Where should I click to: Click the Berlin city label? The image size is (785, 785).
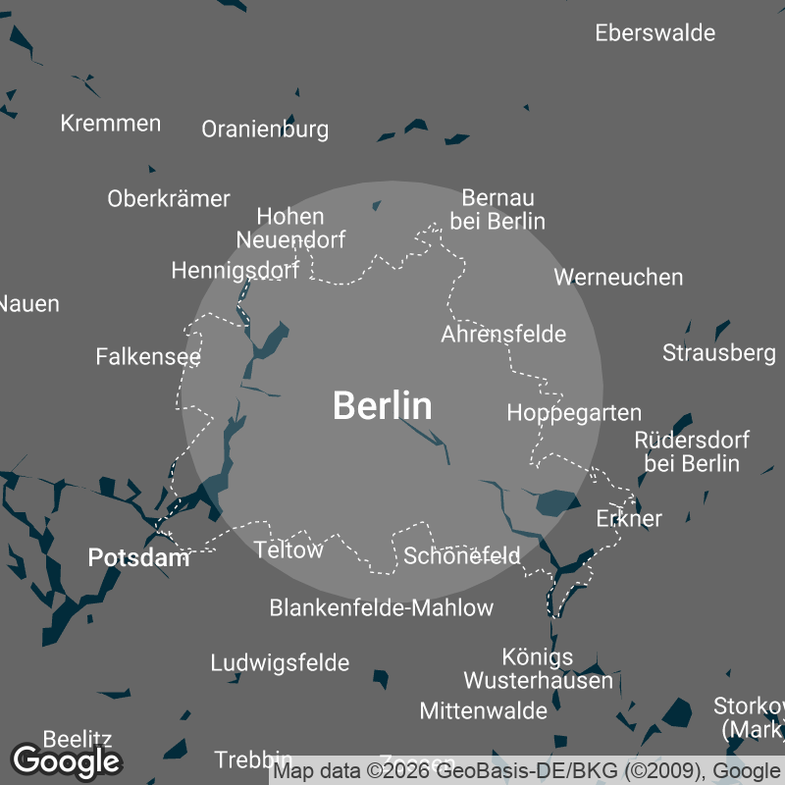(382, 405)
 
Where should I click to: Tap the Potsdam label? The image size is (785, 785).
(138, 558)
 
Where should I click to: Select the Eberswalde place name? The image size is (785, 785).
(654, 33)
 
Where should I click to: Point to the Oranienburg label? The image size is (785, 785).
(265, 130)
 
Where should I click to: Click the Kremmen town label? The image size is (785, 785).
(110, 124)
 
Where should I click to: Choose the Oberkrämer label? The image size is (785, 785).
(169, 198)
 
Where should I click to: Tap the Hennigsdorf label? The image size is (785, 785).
(235, 270)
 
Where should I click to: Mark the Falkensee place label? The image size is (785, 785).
(148, 356)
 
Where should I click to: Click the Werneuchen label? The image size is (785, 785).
(618, 278)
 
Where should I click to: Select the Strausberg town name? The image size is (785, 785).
(718, 352)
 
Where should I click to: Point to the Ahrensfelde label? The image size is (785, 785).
(503, 335)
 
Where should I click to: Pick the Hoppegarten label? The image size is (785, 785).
(574, 413)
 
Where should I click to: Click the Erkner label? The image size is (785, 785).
(629, 518)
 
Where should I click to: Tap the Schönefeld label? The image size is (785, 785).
(462, 556)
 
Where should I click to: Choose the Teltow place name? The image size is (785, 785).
(288, 550)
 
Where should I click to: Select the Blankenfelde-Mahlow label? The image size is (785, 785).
(381, 608)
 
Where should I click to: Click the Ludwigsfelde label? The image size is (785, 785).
(280, 663)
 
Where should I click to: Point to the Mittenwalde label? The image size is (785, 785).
(483, 710)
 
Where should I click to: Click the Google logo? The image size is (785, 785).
(66, 760)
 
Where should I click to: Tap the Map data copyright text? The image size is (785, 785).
(525, 771)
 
